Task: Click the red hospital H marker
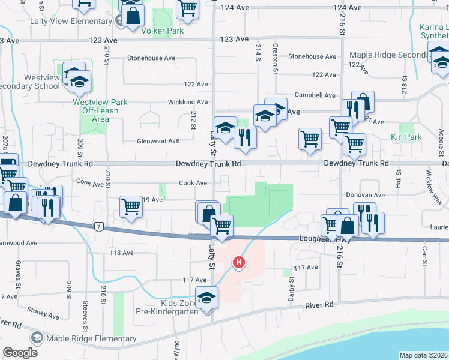click(239, 263)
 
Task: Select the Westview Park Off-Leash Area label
click(100, 110)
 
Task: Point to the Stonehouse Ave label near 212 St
click(151, 58)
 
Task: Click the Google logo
click(20, 352)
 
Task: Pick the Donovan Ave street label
click(366, 196)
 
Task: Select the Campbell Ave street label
click(315, 95)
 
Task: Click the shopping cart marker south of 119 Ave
click(131, 207)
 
